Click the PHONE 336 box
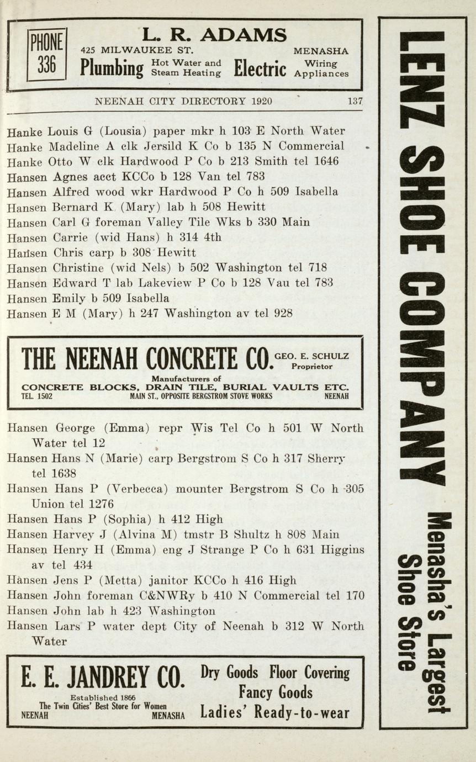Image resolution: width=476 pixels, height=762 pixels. point(47,55)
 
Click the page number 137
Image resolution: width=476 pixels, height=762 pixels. point(355,102)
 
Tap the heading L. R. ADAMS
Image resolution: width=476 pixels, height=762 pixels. point(214,35)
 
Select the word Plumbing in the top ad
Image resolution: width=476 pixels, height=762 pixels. point(112,68)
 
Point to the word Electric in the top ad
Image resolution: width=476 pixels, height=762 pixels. point(260,68)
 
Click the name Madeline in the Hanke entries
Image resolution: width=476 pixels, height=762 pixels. point(74,146)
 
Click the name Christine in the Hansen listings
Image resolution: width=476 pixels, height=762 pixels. point(78,268)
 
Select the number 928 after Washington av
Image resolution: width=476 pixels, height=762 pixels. point(283,314)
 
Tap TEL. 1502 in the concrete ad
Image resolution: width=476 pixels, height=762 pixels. point(37,396)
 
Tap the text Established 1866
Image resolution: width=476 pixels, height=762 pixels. point(103,698)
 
